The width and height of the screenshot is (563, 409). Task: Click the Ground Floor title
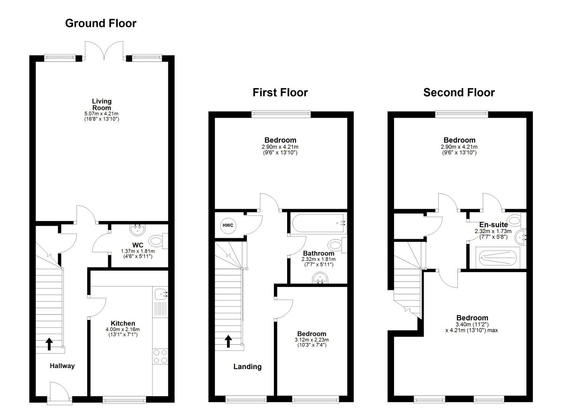tap(100, 23)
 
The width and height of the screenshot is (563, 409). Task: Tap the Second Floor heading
tap(459, 92)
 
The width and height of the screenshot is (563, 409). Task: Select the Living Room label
tap(102, 104)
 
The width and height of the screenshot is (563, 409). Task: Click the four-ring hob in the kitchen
tap(160, 356)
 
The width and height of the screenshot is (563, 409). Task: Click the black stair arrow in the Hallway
tap(49, 344)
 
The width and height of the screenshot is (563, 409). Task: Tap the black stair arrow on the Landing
tap(228, 341)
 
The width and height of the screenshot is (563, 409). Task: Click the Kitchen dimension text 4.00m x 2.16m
tap(123, 330)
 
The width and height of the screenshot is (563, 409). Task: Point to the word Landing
tap(247, 367)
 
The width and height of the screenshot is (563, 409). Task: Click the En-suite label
tap(493, 225)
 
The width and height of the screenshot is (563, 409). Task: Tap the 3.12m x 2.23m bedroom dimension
tap(312, 340)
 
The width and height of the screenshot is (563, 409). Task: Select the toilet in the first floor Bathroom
tap(336, 244)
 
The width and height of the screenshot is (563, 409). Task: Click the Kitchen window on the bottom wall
tap(124, 400)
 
